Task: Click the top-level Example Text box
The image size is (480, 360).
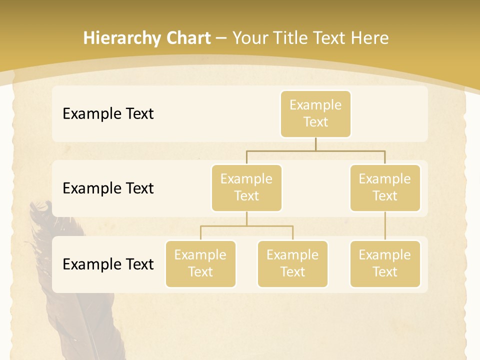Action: [315, 113]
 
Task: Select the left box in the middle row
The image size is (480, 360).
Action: [246, 187]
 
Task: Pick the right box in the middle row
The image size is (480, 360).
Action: [385, 187]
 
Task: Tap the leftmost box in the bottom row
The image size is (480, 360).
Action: [200, 263]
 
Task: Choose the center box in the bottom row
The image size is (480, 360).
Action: [292, 263]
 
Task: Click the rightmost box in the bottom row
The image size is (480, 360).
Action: [385, 263]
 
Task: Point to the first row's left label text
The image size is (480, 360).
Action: [108, 113]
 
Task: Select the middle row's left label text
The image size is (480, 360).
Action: [108, 188]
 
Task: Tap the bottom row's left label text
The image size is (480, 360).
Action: [108, 264]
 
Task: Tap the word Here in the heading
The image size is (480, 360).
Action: [370, 38]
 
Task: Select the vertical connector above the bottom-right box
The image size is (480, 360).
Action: [385, 226]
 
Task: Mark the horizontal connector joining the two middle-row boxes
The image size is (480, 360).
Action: [315, 150]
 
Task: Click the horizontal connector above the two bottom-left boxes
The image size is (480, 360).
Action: [246, 226]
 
